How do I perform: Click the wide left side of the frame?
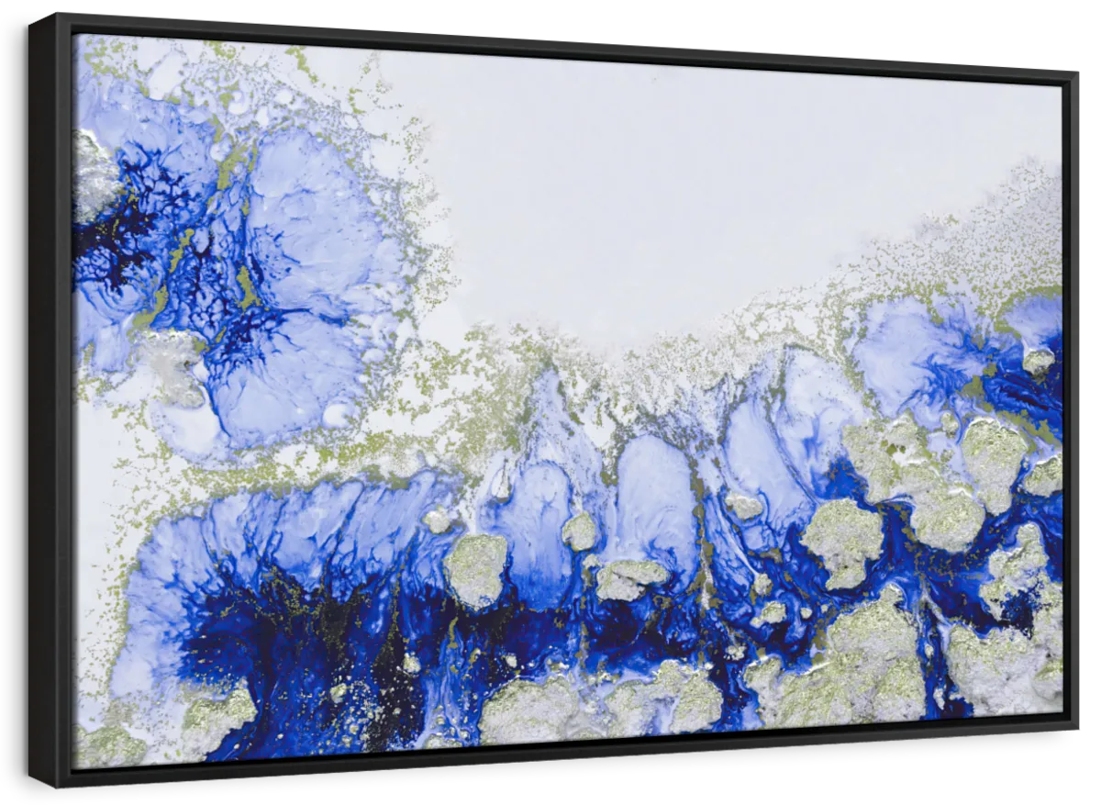[x=51, y=404]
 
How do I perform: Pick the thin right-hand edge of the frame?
[x=1071, y=404]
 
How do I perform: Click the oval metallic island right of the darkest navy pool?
[x=476, y=569]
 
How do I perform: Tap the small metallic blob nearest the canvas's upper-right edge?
[x=1038, y=360]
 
